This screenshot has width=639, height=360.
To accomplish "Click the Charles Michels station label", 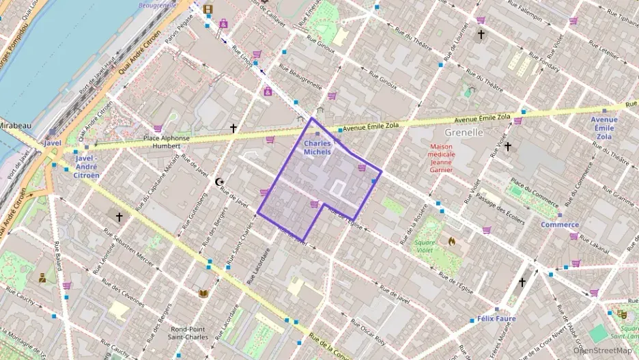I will click(x=317, y=148).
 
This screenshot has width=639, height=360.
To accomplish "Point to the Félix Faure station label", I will click(x=496, y=319).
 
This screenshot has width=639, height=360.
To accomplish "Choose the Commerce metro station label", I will click(x=560, y=224).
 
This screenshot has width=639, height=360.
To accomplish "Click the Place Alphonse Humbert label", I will click(x=167, y=141).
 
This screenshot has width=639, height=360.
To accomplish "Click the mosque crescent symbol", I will click(x=219, y=182).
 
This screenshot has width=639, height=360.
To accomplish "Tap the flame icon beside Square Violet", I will click(x=451, y=240).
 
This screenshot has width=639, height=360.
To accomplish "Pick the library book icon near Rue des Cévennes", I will click(x=203, y=294).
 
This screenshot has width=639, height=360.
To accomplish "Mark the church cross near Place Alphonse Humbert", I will click(x=233, y=128).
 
